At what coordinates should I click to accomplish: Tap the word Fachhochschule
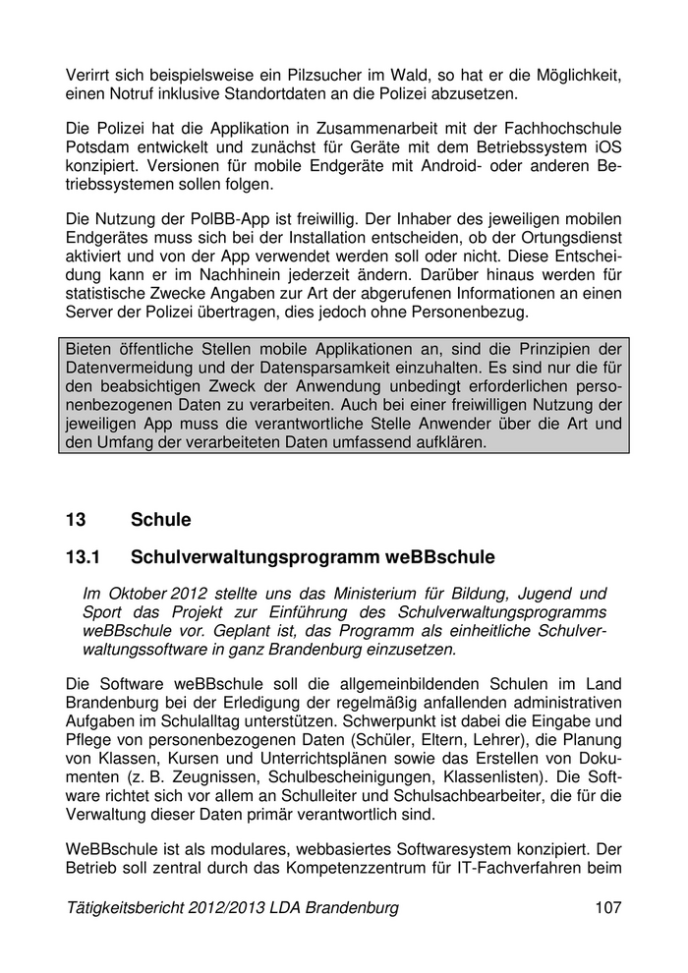click(562, 129)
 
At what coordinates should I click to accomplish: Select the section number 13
click(77, 519)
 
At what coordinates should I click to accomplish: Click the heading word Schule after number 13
click(160, 519)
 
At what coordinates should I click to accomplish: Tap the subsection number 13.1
click(84, 558)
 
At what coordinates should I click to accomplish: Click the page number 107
click(607, 908)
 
